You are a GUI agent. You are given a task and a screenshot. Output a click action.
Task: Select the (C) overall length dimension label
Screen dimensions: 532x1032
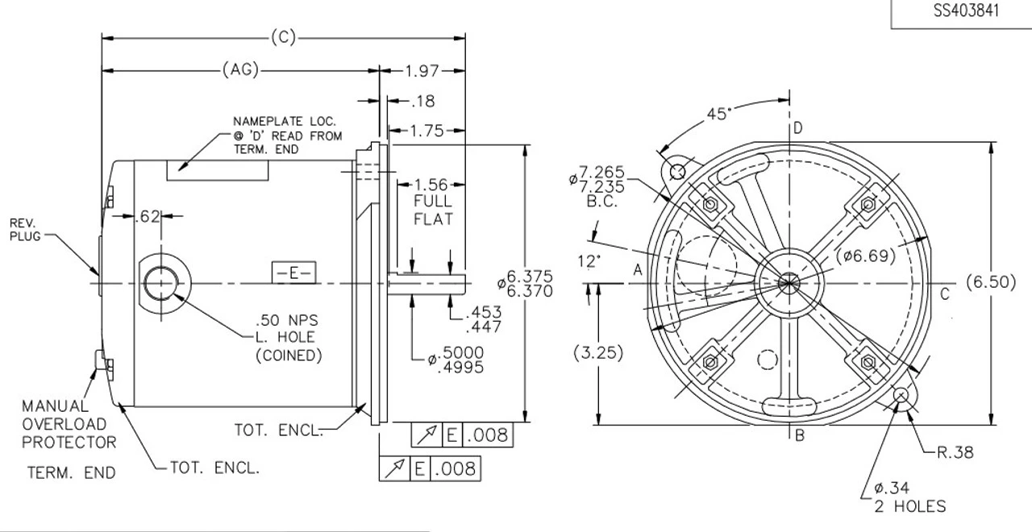pos(283,37)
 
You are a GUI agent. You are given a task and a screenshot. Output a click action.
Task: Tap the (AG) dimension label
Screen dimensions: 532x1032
pos(239,71)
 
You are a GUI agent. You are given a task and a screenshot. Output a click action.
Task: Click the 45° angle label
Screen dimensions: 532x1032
pos(718,114)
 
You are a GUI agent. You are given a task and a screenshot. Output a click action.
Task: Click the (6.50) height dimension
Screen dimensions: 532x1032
pos(997,283)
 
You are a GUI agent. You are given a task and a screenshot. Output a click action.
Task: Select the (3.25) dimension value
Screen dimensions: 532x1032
pos(598,352)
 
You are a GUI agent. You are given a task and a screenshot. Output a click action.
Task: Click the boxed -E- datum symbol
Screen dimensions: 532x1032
pos(293,273)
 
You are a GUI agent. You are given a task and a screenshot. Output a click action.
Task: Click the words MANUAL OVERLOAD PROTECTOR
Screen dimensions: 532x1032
pos(69,423)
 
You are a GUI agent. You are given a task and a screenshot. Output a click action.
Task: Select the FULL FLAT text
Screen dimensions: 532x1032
pos(433,210)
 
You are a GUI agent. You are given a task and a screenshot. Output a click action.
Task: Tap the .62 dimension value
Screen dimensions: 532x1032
pos(148,215)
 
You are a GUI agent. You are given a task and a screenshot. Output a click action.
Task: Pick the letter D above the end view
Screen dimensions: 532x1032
pos(797,129)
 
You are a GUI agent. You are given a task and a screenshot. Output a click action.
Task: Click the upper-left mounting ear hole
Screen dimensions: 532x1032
pos(677,171)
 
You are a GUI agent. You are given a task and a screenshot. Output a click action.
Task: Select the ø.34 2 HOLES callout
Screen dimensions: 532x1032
pos(909,497)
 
